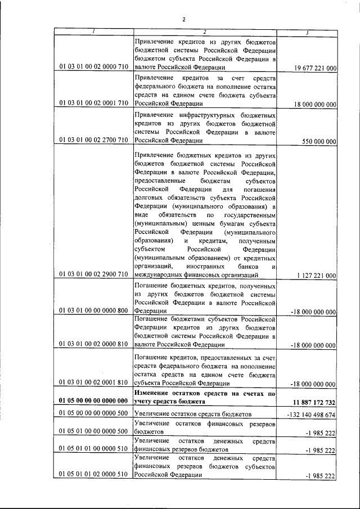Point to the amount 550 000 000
click(x=319, y=141)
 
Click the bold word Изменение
click(x=155, y=394)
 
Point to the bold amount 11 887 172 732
click(x=314, y=402)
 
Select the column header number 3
click(x=307, y=32)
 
